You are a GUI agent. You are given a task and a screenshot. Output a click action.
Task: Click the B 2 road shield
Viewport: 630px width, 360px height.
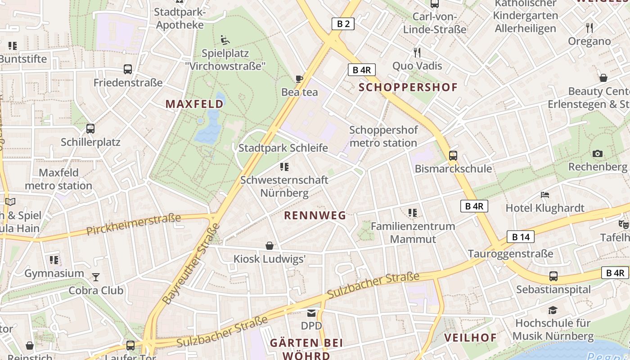pyautogui.click(x=343, y=24)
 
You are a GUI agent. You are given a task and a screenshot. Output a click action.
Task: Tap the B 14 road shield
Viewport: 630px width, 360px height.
pyautogui.click(x=521, y=237)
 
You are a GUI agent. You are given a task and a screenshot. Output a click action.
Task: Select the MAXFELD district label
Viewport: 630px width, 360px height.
pyautogui.click(x=194, y=104)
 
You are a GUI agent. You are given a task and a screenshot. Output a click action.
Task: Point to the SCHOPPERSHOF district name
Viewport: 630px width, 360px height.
pyautogui.click(x=408, y=87)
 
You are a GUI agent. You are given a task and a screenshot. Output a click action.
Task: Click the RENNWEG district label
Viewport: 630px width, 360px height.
pyautogui.click(x=315, y=216)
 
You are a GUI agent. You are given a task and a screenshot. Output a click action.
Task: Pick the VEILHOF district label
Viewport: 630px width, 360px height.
pyautogui.click(x=470, y=337)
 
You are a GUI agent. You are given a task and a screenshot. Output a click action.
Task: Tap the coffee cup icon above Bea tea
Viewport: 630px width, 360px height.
pyautogui.click(x=299, y=79)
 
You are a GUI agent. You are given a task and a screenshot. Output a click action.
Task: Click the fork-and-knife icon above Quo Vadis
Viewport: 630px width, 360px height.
pyautogui.click(x=417, y=53)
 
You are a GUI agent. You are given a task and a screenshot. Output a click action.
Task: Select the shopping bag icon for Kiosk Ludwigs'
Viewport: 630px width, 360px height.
pyautogui.click(x=270, y=246)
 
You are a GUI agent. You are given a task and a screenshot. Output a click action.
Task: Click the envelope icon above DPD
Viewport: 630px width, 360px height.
pyautogui.click(x=311, y=313)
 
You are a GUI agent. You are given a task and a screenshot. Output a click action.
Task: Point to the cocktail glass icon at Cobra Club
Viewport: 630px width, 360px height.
pyautogui.click(x=96, y=277)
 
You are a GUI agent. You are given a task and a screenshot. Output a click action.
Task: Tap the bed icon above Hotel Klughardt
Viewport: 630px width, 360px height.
pyautogui.click(x=545, y=195)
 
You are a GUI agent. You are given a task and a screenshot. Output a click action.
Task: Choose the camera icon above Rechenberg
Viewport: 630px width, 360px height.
pyautogui.click(x=598, y=154)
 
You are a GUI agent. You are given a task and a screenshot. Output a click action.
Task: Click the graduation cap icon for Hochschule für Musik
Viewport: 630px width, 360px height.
pyautogui.click(x=553, y=310)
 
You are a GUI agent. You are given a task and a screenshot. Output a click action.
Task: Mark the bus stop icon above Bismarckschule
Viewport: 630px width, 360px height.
pyautogui.click(x=453, y=156)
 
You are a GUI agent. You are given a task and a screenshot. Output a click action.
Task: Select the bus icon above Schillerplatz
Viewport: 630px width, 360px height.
pyautogui.click(x=90, y=129)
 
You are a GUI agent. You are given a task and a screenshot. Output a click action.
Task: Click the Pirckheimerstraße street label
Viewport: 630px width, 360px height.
pyautogui.click(x=133, y=225)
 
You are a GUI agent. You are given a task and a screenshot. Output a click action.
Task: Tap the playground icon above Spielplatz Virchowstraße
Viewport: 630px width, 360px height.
pyautogui.click(x=225, y=40)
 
